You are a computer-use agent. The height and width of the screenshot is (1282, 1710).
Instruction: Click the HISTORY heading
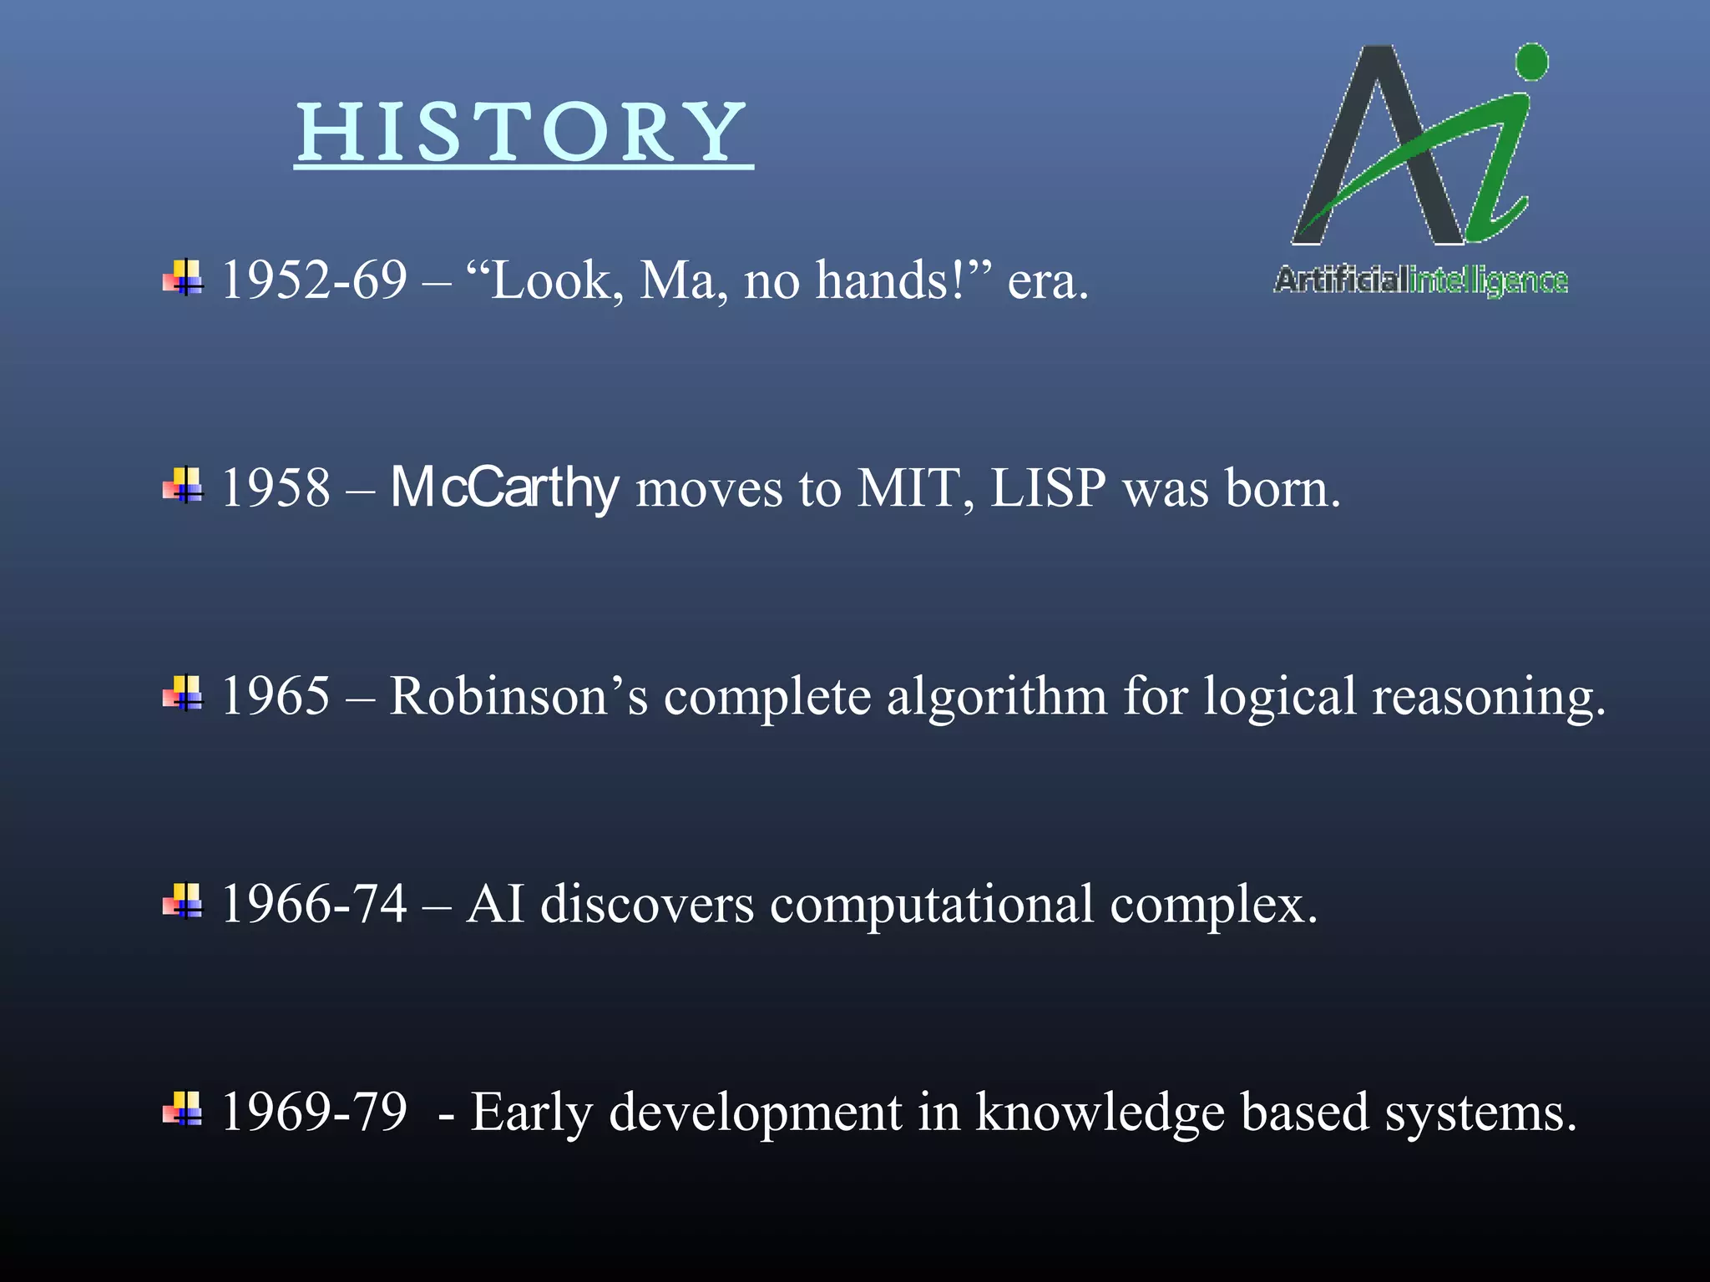pos(524,134)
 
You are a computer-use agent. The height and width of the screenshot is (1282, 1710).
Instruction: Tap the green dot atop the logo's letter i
pos(1531,63)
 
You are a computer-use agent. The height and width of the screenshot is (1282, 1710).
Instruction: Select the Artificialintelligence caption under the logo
pos(1421,280)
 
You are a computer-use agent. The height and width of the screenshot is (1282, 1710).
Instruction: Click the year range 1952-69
pos(314,280)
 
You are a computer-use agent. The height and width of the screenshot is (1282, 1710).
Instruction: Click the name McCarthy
pos(504,488)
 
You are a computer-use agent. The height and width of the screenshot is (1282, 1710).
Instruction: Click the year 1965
pos(276,696)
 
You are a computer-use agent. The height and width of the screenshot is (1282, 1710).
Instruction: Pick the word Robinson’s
pos(519,696)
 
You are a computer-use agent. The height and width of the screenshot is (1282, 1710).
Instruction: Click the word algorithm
pos(996,696)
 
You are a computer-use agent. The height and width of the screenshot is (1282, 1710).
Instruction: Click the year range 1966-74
pos(314,904)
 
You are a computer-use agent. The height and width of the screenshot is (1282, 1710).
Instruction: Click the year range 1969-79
pos(314,1113)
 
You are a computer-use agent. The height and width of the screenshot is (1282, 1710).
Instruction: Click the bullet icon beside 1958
pos(183,486)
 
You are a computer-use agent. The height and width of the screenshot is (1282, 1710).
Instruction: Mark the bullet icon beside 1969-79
pos(183,1110)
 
